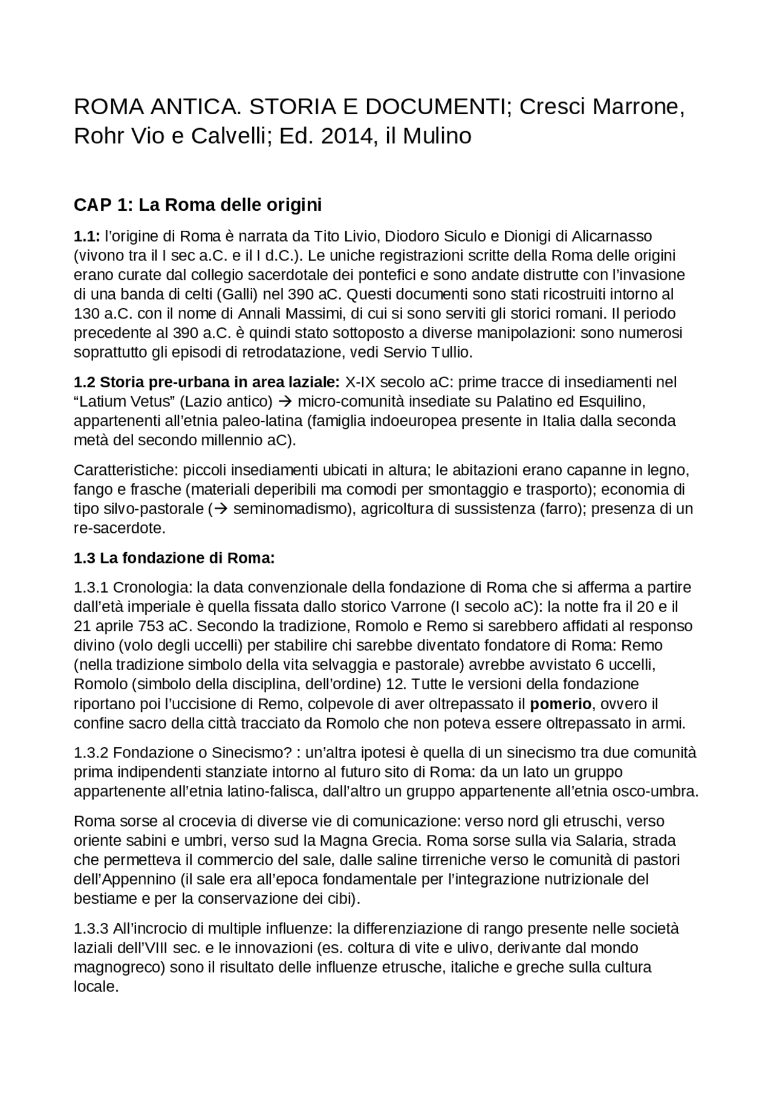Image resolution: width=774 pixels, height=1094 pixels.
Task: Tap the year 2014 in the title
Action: (343, 137)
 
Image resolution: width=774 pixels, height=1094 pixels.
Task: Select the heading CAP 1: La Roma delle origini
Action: (197, 205)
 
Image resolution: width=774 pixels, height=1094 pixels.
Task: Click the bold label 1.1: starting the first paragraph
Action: (86, 236)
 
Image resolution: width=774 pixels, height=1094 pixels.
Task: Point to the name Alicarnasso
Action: (611, 236)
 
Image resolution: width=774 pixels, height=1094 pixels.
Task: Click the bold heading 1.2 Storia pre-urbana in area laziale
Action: (207, 382)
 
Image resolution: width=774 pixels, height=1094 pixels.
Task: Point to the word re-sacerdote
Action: (119, 528)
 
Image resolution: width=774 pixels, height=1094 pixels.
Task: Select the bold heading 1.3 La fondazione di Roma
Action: (174, 558)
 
